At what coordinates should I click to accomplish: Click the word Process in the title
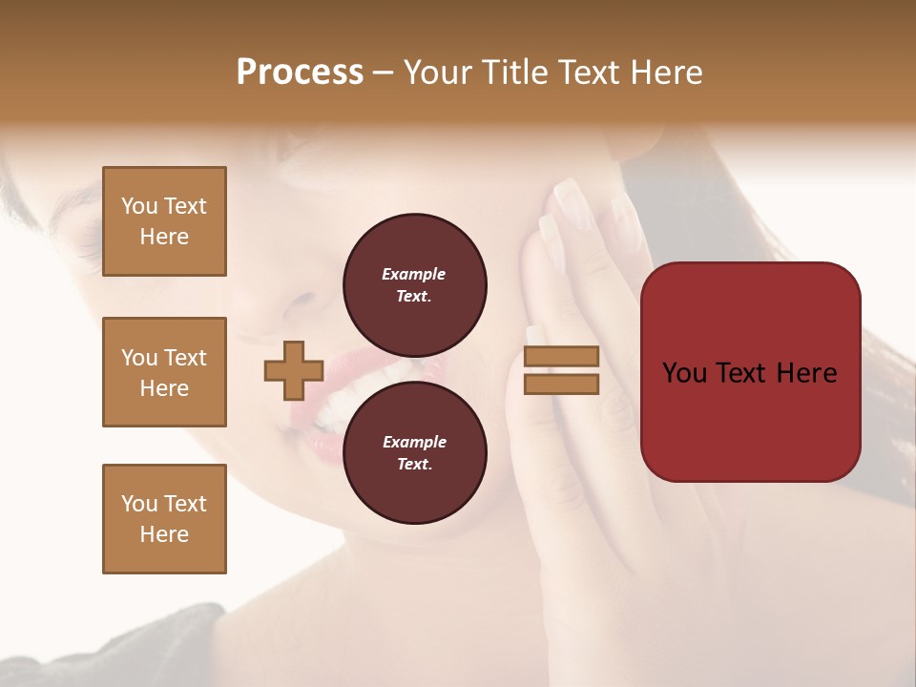click(300, 73)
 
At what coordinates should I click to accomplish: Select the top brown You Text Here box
click(164, 221)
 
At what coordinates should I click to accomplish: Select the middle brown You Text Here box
click(164, 372)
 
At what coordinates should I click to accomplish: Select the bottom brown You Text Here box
click(164, 519)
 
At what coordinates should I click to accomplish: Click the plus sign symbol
click(294, 370)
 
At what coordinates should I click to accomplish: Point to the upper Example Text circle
click(415, 285)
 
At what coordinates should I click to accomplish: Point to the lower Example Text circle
click(415, 453)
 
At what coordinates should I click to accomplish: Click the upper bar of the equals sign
click(562, 357)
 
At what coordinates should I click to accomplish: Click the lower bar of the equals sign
click(562, 384)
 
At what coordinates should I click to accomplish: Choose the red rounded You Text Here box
click(750, 371)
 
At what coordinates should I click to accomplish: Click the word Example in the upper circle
click(414, 274)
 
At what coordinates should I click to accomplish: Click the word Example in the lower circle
click(414, 442)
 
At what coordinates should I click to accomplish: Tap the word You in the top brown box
click(138, 206)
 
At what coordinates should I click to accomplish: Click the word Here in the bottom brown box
click(164, 534)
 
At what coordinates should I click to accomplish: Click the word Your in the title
click(438, 73)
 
